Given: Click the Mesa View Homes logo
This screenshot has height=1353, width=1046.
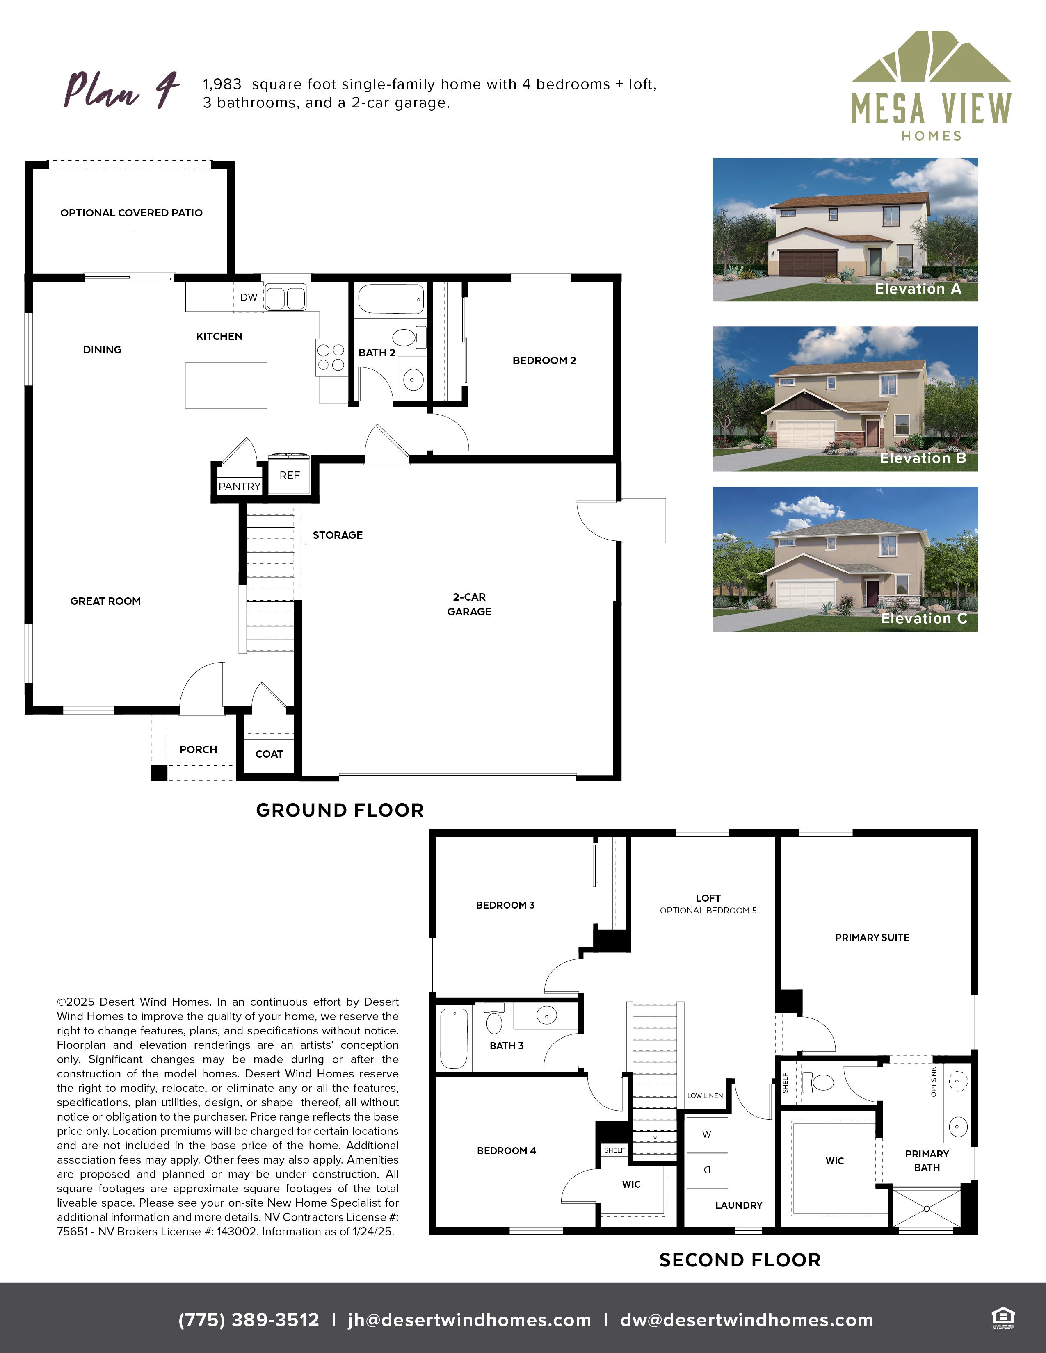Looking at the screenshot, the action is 931,87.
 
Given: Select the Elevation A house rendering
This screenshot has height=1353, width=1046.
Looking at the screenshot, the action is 845,230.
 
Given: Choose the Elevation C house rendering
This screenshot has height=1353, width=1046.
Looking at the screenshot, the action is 845,559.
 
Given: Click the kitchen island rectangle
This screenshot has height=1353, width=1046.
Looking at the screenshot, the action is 226,385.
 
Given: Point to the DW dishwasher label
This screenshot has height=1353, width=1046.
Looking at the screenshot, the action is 249,297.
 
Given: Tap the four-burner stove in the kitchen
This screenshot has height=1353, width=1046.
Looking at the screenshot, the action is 331,358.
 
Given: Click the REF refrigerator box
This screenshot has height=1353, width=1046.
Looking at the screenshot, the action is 289,474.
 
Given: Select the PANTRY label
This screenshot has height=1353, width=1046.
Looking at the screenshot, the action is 239,486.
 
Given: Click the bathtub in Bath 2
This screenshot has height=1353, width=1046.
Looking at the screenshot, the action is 391,300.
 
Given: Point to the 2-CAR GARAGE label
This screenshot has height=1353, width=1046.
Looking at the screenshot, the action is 469,604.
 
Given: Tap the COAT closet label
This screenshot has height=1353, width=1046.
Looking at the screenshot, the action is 269,754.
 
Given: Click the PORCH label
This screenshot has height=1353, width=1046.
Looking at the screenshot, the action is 198,749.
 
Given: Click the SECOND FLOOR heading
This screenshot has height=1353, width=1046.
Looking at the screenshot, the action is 740,1260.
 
